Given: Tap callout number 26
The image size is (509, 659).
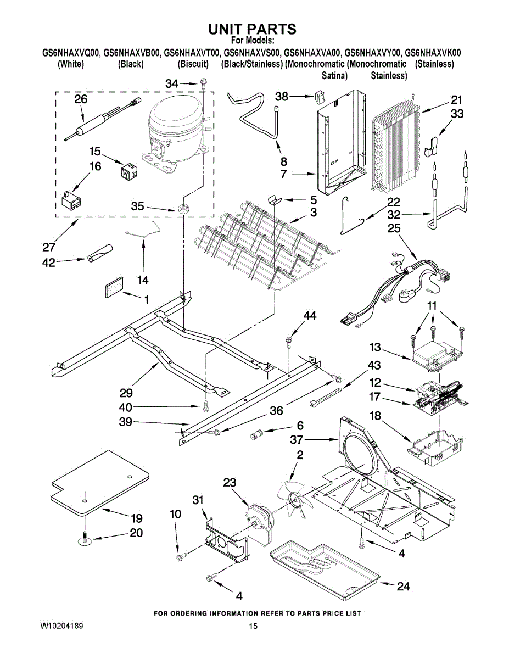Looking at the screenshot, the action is click(81, 99).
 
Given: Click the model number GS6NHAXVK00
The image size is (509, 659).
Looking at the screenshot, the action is click(433, 53).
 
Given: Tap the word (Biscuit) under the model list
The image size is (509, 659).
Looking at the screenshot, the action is click(193, 64).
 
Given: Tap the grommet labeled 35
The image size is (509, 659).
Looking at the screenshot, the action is click(182, 209).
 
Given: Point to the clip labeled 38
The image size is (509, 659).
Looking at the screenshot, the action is click(318, 96).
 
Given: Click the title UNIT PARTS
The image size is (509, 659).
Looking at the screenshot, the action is click(252, 29).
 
